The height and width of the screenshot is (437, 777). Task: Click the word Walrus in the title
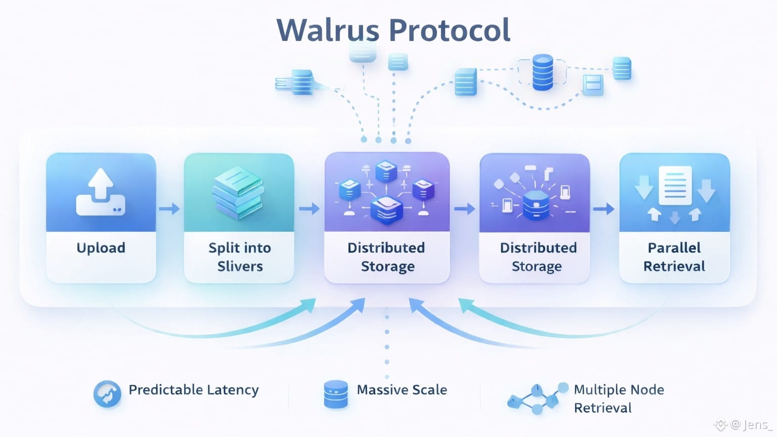click(x=327, y=30)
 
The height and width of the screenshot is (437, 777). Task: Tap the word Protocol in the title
click(x=450, y=30)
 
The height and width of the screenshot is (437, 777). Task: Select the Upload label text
click(x=101, y=248)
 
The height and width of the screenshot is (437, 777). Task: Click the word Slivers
click(x=240, y=267)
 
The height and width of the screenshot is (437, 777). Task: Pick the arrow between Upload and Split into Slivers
click(x=169, y=208)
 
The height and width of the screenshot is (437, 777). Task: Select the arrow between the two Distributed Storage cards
click(x=464, y=208)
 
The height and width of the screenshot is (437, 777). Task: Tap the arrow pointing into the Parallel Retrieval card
click(x=603, y=208)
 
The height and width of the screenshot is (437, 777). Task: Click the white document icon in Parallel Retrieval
click(x=675, y=185)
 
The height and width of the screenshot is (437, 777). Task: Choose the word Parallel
click(x=674, y=248)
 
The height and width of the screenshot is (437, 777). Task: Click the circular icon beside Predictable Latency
click(x=107, y=394)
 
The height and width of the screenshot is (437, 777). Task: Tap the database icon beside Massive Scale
click(x=335, y=394)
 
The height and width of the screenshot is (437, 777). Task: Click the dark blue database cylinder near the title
click(x=542, y=72)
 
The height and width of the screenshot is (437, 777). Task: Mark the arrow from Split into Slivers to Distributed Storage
click(x=309, y=208)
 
